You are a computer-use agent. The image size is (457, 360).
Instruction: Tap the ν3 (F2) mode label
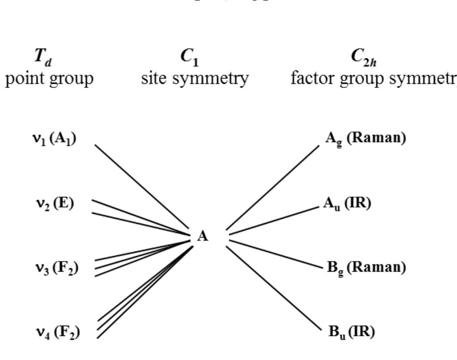[56, 267]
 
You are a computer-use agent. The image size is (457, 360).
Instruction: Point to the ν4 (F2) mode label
[57, 332]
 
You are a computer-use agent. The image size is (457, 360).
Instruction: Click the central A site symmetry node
[203, 236]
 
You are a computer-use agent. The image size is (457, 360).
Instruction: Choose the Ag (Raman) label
[365, 138]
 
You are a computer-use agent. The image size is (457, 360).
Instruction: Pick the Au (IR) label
[347, 204]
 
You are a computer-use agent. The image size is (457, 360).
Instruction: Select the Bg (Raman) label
[366, 267]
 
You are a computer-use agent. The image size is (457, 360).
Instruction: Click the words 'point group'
[49, 78]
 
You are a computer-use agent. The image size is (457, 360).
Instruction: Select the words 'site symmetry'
[195, 78]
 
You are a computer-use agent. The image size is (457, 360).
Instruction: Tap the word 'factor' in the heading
[311, 78]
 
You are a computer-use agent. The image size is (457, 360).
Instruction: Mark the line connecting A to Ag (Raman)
[273, 187]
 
